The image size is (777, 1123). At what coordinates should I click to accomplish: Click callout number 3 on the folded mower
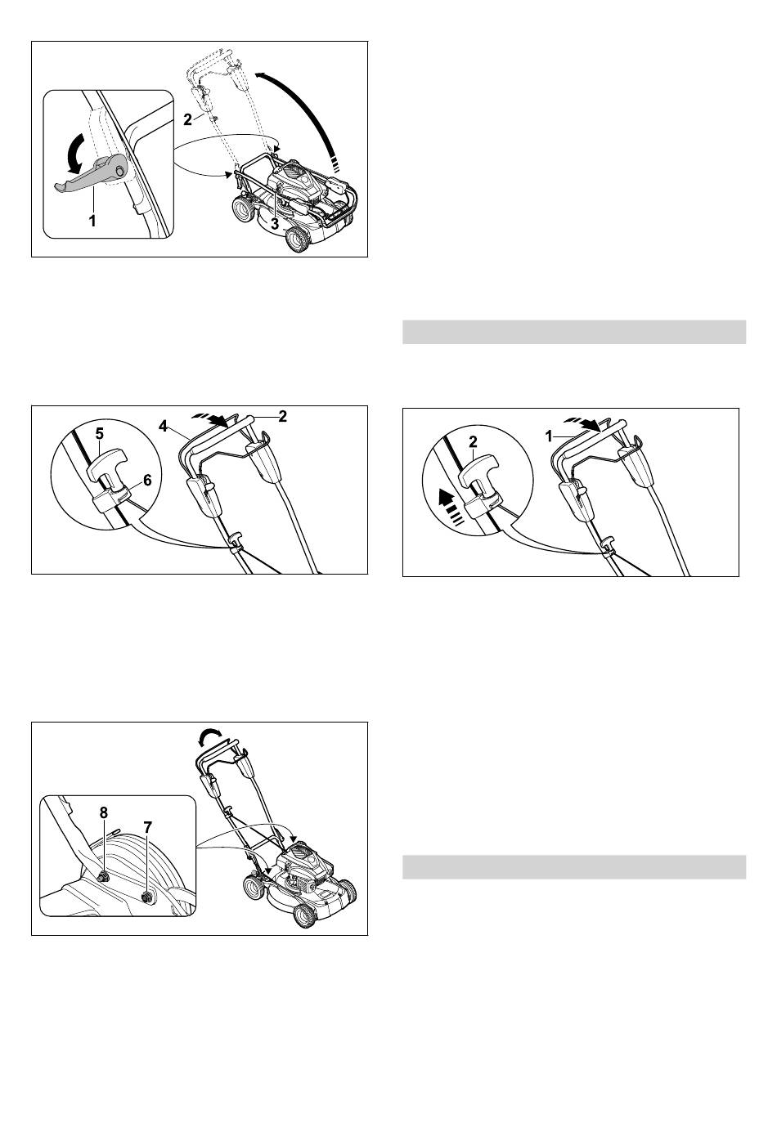click(274, 224)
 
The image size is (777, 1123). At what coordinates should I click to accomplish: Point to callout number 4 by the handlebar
click(163, 426)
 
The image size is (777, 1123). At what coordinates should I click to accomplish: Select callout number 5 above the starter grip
click(99, 433)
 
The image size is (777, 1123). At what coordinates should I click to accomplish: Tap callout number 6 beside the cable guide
click(147, 480)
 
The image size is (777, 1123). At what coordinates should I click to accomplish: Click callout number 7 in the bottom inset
click(147, 827)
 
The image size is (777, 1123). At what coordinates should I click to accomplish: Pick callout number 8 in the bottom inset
click(103, 812)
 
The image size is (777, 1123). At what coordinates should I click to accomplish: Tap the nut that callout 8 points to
click(103, 877)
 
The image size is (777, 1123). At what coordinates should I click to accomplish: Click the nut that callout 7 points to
click(147, 896)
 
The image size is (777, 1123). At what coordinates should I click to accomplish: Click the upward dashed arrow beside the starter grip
click(450, 506)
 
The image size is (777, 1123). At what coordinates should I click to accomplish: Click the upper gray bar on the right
click(574, 332)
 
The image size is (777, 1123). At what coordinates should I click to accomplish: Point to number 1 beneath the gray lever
click(92, 221)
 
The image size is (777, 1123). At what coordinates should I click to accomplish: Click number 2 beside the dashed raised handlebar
click(187, 119)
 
